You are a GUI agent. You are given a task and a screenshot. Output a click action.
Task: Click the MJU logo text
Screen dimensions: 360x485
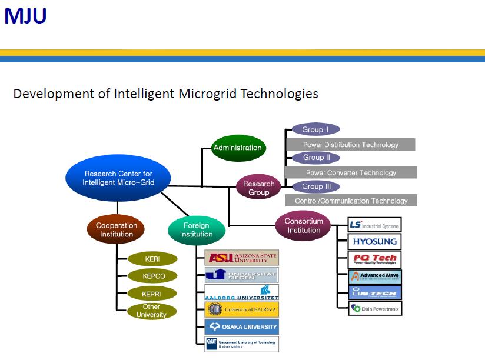pos(25,16)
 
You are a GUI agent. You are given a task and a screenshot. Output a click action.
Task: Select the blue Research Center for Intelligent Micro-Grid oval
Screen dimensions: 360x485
pos(118,178)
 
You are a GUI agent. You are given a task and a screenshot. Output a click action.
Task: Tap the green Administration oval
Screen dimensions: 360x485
pos(237,148)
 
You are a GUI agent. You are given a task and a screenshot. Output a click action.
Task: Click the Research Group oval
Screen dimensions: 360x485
pos(259,188)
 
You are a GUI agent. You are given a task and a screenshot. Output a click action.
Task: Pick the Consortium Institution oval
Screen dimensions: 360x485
pos(304,226)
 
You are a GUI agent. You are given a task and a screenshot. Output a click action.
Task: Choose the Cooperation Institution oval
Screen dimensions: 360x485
pos(117,230)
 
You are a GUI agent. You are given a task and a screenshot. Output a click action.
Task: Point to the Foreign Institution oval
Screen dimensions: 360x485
pos(196,230)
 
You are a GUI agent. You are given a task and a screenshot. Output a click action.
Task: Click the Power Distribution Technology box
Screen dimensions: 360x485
pos(350,145)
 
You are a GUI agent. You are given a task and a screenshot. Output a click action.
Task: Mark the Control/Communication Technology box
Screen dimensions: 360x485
pos(351,201)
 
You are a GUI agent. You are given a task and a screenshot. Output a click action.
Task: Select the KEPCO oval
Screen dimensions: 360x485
pos(153,276)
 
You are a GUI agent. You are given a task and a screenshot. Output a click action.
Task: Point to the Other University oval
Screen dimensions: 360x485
pos(151,311)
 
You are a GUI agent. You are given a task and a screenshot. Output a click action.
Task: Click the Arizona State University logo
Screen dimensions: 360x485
pos(241,258)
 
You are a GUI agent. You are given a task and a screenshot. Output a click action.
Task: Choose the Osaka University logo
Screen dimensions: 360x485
pos(241,327)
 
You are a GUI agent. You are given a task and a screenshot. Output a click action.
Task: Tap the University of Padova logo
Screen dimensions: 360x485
pos(241,309)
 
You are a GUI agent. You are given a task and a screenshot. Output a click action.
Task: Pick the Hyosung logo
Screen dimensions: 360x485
pos(374,242)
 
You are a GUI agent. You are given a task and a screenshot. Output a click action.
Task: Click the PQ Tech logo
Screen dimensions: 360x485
pos(374,258)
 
